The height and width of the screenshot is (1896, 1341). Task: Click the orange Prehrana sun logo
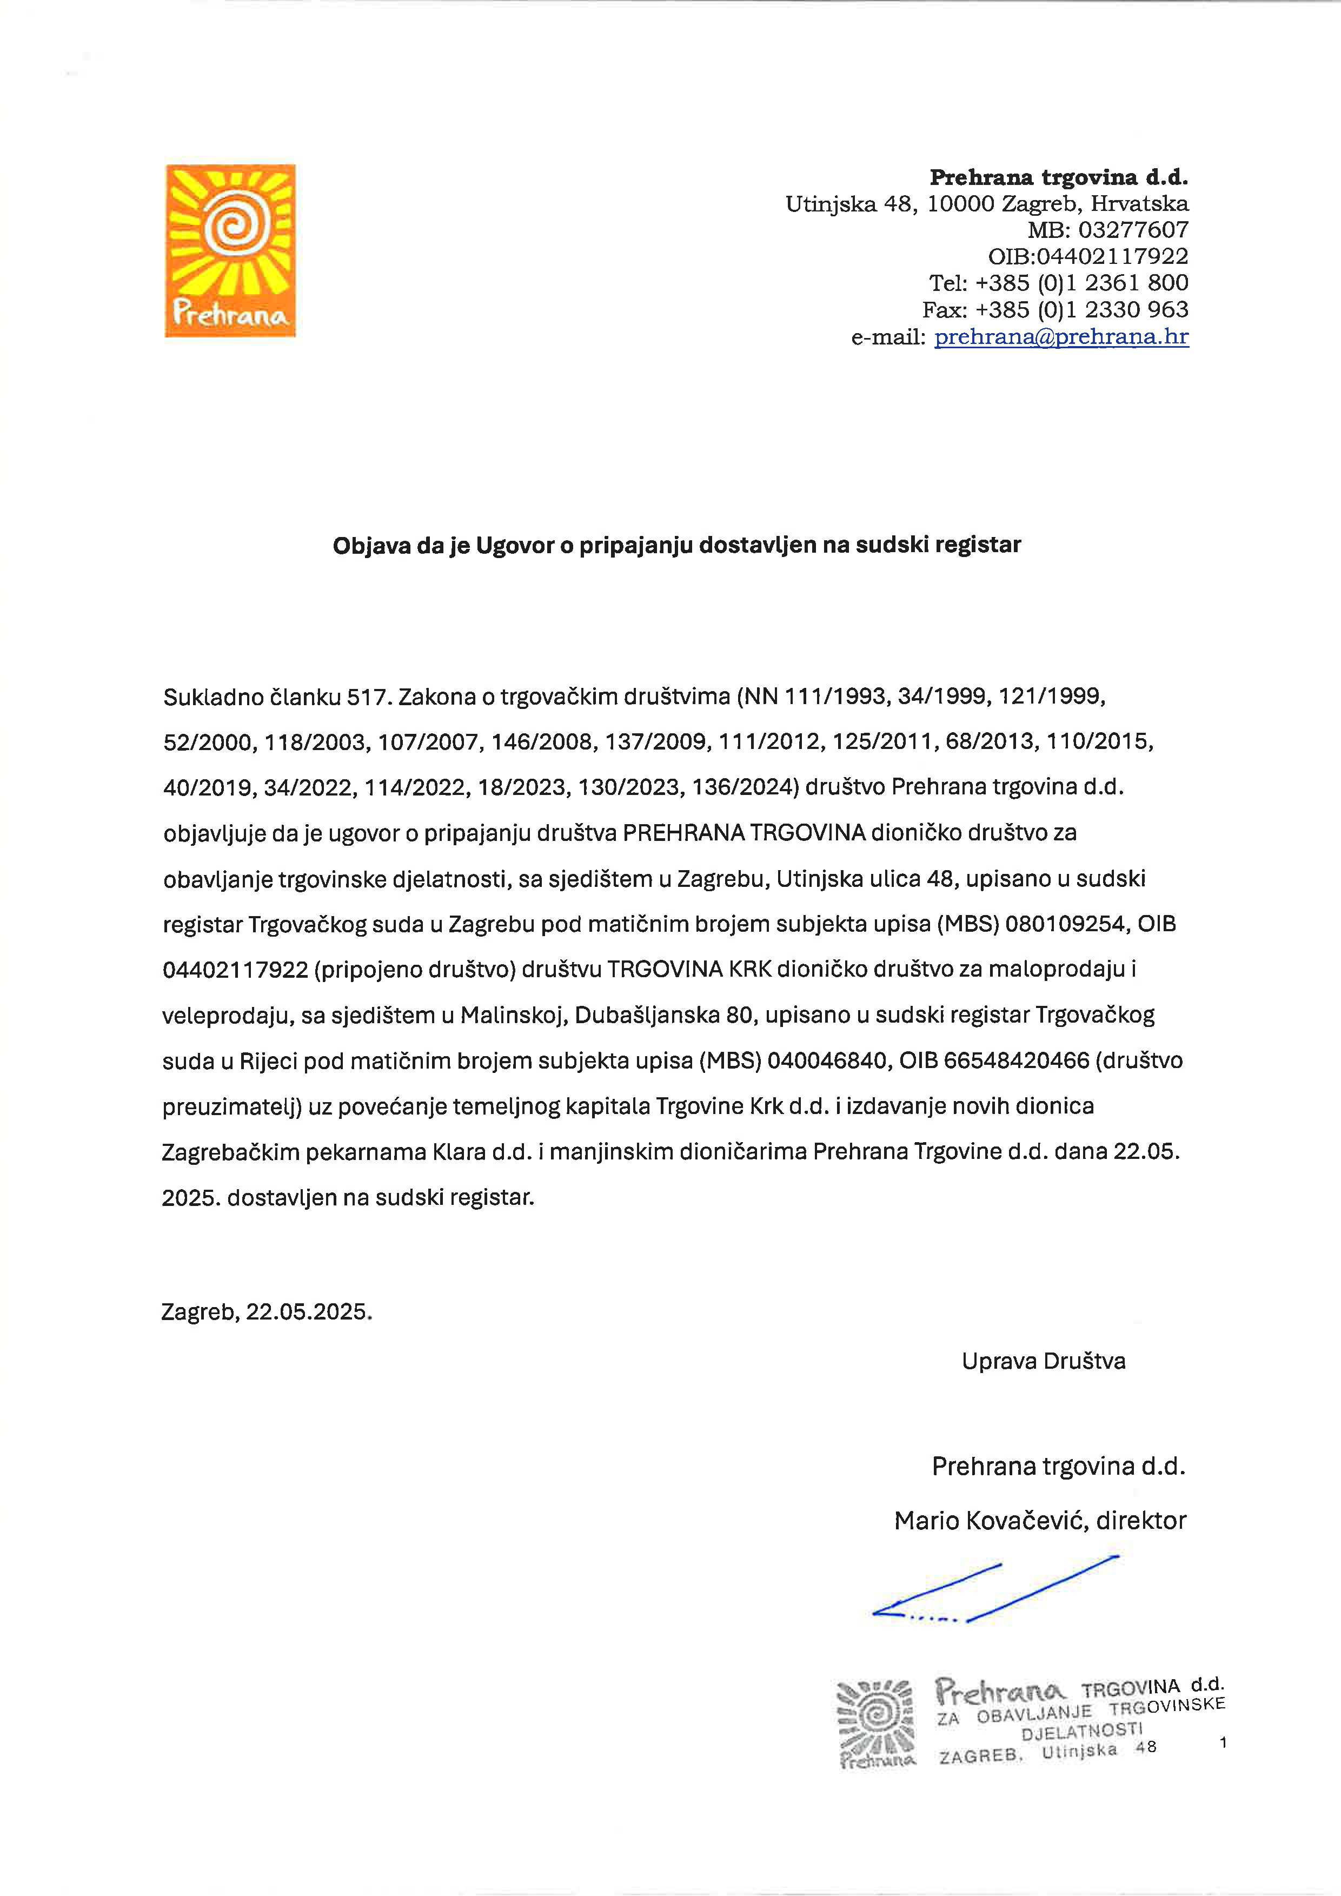coord(230,250)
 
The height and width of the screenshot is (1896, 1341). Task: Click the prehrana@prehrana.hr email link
coord(1061,337)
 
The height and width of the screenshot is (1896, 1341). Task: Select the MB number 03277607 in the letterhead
coord(1133,230)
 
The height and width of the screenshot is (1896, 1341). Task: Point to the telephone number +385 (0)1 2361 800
coord(1081,283)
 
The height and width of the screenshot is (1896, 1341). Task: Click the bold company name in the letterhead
coord(1059,177)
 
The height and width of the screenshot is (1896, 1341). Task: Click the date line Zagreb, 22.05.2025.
coord(267,1312)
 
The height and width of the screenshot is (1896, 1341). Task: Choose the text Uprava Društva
coord(1043,1362)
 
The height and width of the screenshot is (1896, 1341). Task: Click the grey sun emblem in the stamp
coord(876,1719)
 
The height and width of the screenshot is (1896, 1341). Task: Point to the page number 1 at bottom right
coord(1223,1743)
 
